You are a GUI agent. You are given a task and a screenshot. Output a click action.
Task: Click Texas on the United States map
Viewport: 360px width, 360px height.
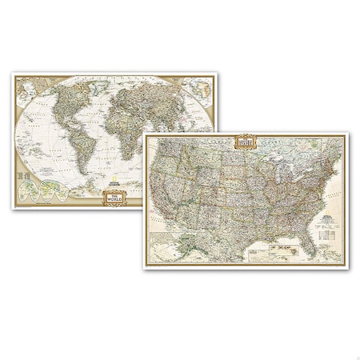pyautogui.click(x=232, y=228)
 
